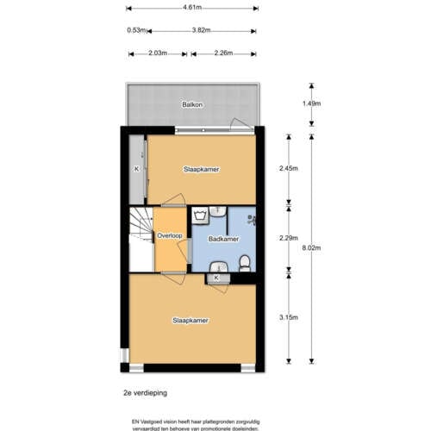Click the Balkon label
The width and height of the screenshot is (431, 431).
[x=192, y=105]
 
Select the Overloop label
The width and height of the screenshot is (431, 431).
[x=169, y=235]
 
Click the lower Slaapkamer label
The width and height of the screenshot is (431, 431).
[x=191, y=320]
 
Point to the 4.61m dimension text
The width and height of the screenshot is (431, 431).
[x=192, y=7]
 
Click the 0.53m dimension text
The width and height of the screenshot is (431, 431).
[x=135, y=30]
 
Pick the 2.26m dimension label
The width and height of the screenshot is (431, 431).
[x=224, y=53]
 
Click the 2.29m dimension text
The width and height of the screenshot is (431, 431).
[x=289, y=238]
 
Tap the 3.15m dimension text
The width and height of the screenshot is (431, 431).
[x=289, y=317]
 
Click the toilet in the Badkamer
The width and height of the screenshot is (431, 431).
[x=246, y=262]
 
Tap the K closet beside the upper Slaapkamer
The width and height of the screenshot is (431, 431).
[x=136, y=169]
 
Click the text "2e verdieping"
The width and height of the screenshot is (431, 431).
[x=144, y=390]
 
